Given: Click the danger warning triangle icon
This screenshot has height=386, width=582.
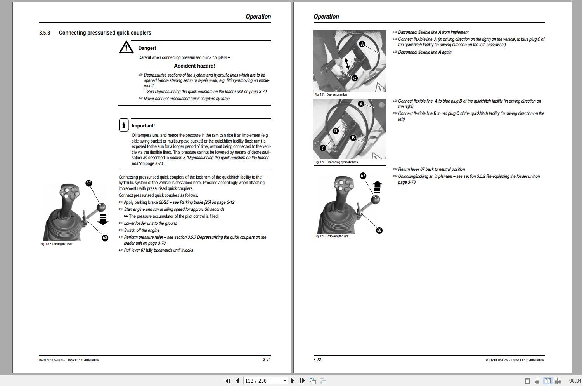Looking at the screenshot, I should (x=126, y=47).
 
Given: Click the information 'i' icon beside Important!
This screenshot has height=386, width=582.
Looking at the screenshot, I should (x=123, y=125).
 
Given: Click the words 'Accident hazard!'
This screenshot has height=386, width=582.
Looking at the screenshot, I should (x=194, y=66).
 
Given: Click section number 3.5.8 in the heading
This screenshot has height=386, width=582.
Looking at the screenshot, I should (x=45, y=33).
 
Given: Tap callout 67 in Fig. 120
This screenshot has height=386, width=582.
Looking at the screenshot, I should (x=89, y=183).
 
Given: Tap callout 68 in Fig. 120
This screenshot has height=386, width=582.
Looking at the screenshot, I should (x=105, y=238).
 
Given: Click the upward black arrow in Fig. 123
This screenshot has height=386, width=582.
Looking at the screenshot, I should (x=377, y=187).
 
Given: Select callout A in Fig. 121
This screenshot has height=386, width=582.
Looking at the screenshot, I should (x=362, y=44).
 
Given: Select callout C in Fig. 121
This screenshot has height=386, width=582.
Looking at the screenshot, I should (x=354, y=78).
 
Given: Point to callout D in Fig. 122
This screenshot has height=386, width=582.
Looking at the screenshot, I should (x=336, y=131).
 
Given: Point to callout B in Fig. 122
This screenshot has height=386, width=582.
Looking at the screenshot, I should (x=353, y=138).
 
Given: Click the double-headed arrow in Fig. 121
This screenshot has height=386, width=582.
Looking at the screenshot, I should (x=347, y=63).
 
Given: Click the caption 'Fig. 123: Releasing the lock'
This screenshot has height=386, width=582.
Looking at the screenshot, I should (x=331, y=236).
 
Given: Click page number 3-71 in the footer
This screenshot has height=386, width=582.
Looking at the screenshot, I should (x=267, y=360).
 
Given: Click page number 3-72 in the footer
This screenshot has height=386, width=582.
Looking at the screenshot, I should (x=317, y=360).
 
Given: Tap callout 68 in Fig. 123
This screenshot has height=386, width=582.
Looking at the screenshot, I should (x=379, y=230).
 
